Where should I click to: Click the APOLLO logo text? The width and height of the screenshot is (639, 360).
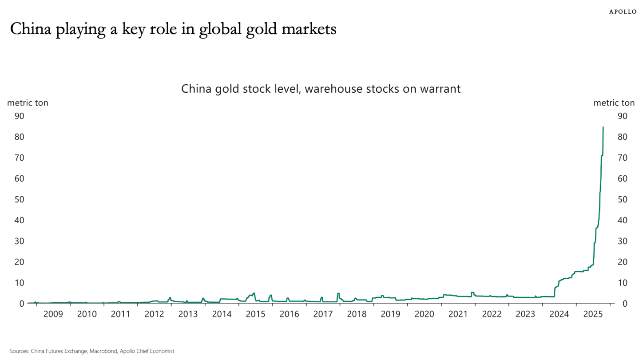coord(622,12)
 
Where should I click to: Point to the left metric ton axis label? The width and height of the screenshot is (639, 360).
coord(28,103)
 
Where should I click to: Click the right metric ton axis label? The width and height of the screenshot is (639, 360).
coord(614,103)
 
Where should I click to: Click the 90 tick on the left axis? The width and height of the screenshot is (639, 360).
coord(20,116)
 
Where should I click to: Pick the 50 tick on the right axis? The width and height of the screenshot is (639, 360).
coord(622,199)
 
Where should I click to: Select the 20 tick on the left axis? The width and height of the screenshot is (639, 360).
coord(20,262)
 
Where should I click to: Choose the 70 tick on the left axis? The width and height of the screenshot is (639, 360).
coord(20,158)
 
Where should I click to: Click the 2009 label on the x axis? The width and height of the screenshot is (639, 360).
coord(53,314)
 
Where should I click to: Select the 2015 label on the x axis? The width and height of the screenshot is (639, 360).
coord(255,314)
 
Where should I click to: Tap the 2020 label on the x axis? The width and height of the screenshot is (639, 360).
coord(424,314)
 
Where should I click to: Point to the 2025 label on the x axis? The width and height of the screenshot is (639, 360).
coord(593,314)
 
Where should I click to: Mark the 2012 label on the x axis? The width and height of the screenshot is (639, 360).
coord(155,314)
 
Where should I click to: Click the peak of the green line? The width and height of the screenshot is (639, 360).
coord(603,127)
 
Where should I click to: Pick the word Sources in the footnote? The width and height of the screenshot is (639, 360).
coord(19,351)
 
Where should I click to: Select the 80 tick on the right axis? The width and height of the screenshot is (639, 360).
coord(622,137)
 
